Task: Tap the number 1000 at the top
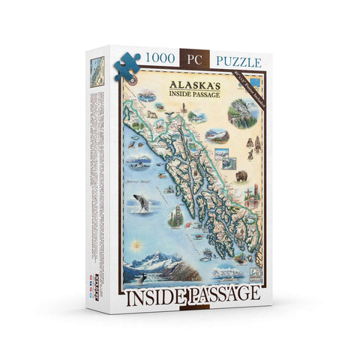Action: pos(161,58)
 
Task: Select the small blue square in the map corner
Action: pos(256,79)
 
